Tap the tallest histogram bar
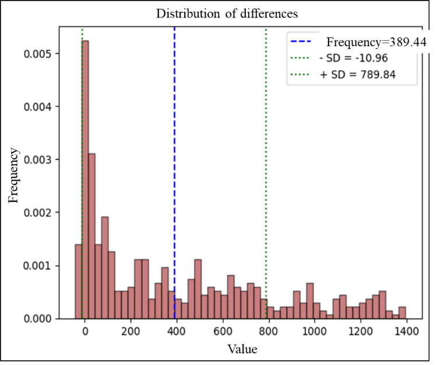pos(85,175)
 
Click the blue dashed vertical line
pos(175,146)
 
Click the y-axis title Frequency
pos(13,175)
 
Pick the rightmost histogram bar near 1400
pos(402,313)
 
